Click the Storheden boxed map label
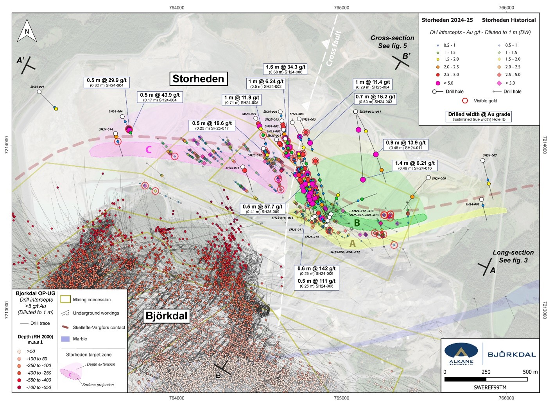[198, 79]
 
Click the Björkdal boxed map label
[167, 316]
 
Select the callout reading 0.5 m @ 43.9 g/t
[160, 97]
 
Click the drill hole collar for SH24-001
[39, 92]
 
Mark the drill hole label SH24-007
[489, 155]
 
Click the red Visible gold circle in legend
[465, 101]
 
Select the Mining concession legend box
[65, 299]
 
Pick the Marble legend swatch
[65, 339]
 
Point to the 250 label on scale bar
[486, 372]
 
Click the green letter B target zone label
[357, 223]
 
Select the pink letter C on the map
[149, 149]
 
